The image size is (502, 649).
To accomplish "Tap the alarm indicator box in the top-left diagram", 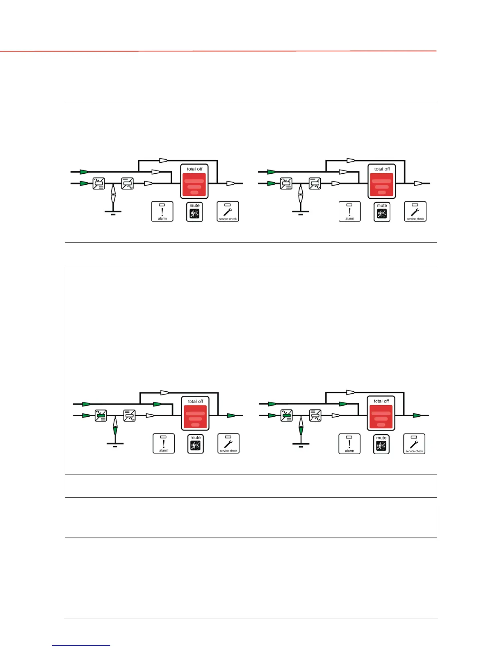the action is [162, 211].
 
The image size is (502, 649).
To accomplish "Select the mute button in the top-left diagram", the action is [195, 212].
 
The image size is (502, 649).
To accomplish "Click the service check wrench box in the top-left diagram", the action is [228, 211].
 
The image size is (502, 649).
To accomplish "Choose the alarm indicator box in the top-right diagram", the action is [350, 211].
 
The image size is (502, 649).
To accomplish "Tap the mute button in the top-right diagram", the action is [382, 212].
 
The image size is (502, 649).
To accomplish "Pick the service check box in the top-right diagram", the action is [415, 211].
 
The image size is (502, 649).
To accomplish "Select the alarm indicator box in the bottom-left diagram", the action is [164, 443].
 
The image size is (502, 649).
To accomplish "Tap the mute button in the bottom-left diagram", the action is [196, 444].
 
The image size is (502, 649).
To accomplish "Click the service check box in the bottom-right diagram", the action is [414, 444].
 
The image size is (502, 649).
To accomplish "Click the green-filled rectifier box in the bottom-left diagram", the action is [101, 415].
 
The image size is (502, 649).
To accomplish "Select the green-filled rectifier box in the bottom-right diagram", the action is [287, 415].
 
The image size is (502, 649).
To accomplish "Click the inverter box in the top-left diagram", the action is [128, 183].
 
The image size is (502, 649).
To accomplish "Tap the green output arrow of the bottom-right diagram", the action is [417, 415].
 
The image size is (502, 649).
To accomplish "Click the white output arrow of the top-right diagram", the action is [418, 184].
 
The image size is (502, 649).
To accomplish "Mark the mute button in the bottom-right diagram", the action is [381, 444].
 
